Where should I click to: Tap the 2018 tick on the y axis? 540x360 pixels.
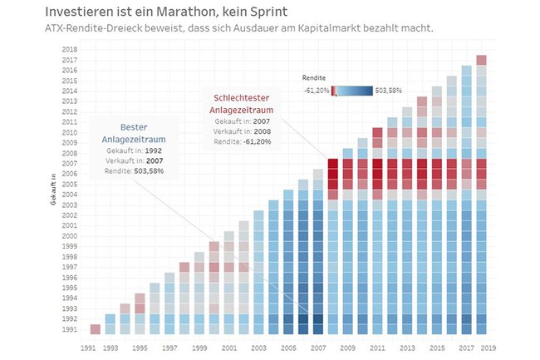click(71, 51)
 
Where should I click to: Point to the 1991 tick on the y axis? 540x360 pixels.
click(71, 328)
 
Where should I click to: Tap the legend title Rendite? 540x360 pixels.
click(313, 77)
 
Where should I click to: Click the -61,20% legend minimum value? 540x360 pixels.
click(315, 91)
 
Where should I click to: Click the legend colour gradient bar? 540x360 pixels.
click(351, 91)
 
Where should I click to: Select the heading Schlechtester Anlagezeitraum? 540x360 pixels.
click(243, 104)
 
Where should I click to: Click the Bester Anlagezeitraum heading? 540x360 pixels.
click(131, 134)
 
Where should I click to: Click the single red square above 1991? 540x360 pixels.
click(95, 328)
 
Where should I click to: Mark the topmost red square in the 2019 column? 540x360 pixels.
click(481, 60)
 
